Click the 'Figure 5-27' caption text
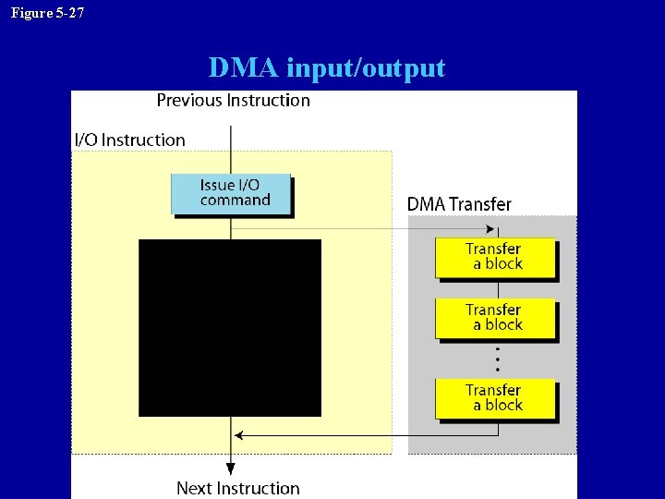pos(47,12)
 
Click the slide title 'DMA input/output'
pos(326,67)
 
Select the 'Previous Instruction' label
pos(233,100)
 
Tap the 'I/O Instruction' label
pos(129,140)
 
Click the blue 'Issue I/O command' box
pos(231,193)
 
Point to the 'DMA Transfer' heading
pos(459,204)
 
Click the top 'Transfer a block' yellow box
pos(495,257)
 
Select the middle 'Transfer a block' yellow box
pos(495,318)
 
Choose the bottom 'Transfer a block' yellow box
pos(495,398)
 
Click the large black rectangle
pos(230,327)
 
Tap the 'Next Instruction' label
pos(237,488)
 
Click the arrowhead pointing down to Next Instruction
pos(231,470)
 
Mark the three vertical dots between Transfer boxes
pos(498,359)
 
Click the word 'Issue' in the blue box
pos(217,185)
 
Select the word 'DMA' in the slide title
pos(244,67)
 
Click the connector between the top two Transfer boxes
pos(499,288)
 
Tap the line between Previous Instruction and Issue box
pos(231,142)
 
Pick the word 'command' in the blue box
pos(235,201)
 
